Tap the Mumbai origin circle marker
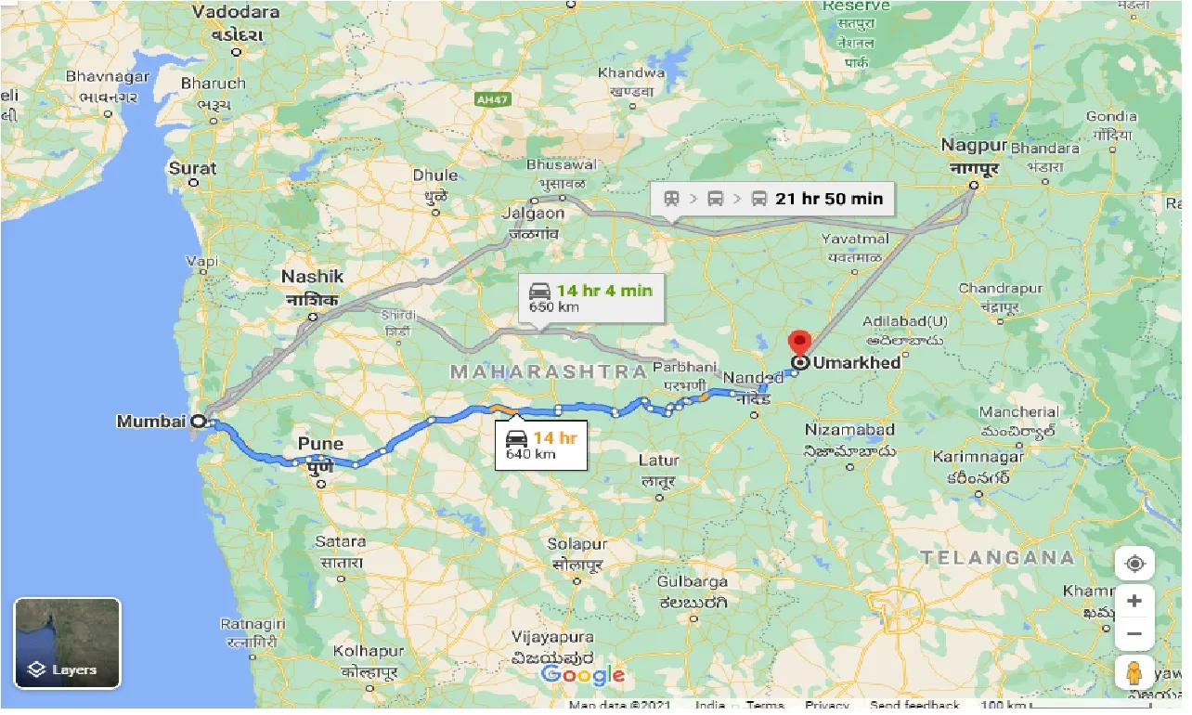pyautogui.click(x=198, y=422)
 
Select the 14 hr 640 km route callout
pyautogui.click(x=541, y=445)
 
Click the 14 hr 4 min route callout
pyautogui.click(x=591, y=297)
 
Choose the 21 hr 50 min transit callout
pyautogui.click(x=771, y=198)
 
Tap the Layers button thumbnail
pyautogui.click(x=67, y=643)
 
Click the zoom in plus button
pyautogui.click(x=1134, y=601)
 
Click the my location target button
pyautogui.click(x=1134, y=564)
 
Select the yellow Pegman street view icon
pyautogui.click(x=1134, y=673)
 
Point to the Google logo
pyautogui.click(x=583, y=675)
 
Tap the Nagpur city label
pyautogui.click(x=973, y=146)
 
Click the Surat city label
pyautogui.click(x=192, y=169)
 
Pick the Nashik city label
pyautogui.click(x=312, y=277)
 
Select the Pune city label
pyautogui.click(x=320, y=444)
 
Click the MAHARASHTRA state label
pyautogui.click(x=548, y=371)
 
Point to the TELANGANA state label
pyautogui.click(x=998, y=557)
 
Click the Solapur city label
pyautogui.click(x=577, y=544)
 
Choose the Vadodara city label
pyautogui.click(x=236, y=12)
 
